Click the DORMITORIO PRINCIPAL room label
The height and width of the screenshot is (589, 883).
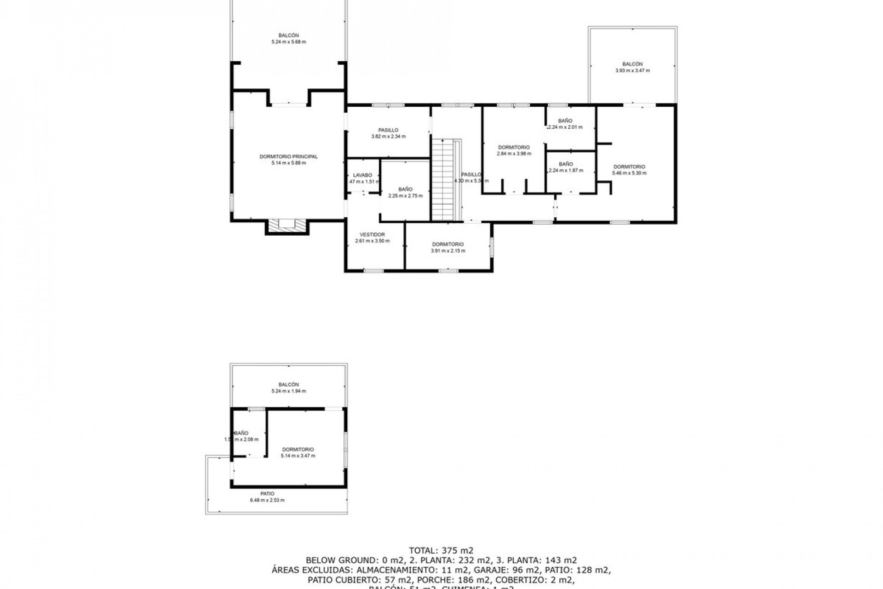click(x=288, y=156)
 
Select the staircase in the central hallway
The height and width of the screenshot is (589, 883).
click(x=442, y=179)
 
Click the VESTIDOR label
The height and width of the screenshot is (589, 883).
click(x=372, y=235)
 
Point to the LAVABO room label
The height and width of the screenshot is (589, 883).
click(x=362, y=175)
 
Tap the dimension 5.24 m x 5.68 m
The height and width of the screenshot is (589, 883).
click(x=288, y=42)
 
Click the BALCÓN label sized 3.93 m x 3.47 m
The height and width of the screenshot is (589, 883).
click(x=632, y=64)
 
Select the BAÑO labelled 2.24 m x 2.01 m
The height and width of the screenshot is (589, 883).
click(x=565, y=121)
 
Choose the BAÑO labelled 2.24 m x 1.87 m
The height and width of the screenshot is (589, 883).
click(x=566, y=164)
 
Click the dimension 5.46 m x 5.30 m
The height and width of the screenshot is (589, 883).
click(x=629, y=173)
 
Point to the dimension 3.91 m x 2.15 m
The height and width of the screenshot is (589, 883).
click(x=447, y=251)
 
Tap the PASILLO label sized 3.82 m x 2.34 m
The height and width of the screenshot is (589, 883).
click(x=388, y=130)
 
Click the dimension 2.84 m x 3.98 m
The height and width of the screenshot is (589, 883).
click(x=514, y=154)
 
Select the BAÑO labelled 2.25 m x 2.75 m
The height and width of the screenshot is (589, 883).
click(x=405, y=189)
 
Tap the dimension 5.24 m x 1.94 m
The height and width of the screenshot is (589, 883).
click(x=288, y=391)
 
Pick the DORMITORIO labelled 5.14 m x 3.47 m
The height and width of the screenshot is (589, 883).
click(x=298, y=449)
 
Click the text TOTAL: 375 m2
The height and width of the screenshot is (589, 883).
click(x=441, y=550)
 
